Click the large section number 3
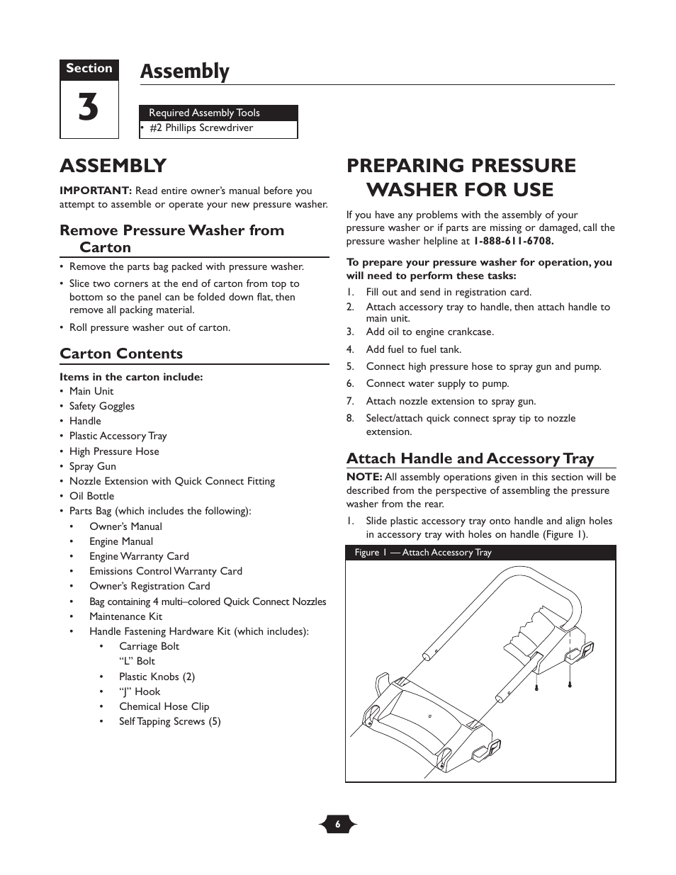point(89,108)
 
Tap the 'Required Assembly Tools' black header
point(204,113)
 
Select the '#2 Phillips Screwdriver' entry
point(201,128)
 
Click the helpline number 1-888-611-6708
point(514,241)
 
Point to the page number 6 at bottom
point(338,824)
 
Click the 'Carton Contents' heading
point(121,354)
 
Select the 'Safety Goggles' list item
point(101,406)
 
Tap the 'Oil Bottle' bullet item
point(91,496)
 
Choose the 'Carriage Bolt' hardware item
point(149,646)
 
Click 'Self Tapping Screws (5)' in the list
point(169,721)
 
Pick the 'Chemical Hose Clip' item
point(164,706)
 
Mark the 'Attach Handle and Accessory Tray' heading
point(470,458)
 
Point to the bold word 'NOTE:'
point(364,477)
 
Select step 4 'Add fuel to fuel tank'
point(413,349)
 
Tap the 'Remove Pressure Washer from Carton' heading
point(171,239)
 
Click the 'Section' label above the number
point(89,69)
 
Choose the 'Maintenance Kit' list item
point(125,616)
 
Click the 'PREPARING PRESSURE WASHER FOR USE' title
point(461,177)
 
